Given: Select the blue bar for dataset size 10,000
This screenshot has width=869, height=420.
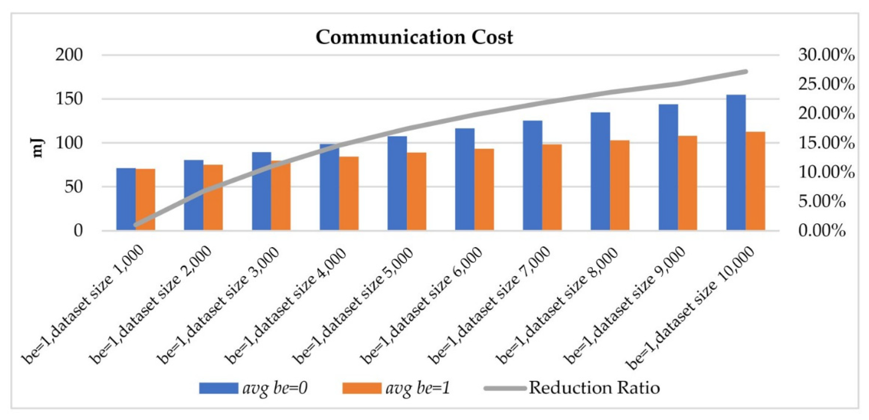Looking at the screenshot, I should click(x=736, y=162).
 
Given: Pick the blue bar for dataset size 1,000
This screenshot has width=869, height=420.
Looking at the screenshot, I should click(x=126, y=199).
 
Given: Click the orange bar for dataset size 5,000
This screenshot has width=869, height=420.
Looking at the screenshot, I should click(x=416, y=191).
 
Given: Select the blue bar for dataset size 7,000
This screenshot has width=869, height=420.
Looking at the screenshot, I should click(x=532, y=175).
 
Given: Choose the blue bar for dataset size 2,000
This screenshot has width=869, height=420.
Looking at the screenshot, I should click(x=194, y=195).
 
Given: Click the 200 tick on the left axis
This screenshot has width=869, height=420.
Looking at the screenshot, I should click(x=69, y=55).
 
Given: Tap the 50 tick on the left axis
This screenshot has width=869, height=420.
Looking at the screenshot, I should click(x=74, y=187).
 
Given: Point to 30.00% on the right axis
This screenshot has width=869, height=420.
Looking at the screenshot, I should click(x=826, y=55).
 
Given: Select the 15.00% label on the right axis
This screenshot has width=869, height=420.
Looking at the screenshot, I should click(x=826, y=143).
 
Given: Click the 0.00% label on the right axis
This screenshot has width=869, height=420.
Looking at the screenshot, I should click(x=822, y=231).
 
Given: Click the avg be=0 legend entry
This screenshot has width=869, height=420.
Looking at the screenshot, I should click(x=253, y=388).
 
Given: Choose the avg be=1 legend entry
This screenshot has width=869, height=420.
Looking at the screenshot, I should click(x=396, y=388).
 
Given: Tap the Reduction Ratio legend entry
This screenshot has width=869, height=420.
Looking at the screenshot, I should click(x=572, y=388).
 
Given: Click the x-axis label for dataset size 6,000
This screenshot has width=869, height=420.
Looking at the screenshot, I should click(x=422, y=307).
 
